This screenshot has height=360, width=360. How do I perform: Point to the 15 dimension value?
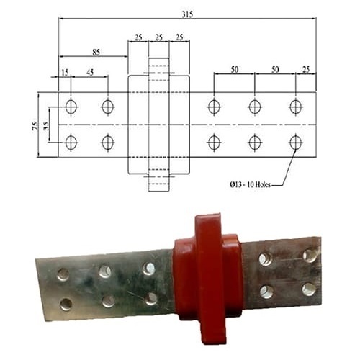pyautogui.click(x=65, y=72)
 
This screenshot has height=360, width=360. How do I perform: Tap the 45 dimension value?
pyautogui.click(x=89, y=72)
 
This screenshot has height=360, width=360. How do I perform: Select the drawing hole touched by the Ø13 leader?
pyautogui.click(x=295, y=143)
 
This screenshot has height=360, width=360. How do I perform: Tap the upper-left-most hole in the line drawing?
pyautogui.click(x=71, y=107)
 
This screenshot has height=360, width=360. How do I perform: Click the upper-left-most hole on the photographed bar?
pyautogui.click(x=63, y=274)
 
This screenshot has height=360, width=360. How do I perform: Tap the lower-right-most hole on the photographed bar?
pyautogui.click(x=309, y=289)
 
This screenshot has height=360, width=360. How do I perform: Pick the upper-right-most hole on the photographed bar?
pyautogui.click(x=310, y=256)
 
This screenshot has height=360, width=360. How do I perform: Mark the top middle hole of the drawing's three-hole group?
pyautogui.click(x=254, y=107)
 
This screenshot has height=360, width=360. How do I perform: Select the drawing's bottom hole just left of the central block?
pyautogui.click(x=107, y=143)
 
